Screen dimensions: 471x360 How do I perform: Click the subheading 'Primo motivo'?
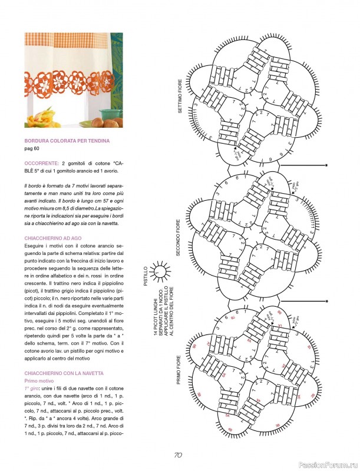(41, 382)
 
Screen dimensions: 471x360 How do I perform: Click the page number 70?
(179, 455)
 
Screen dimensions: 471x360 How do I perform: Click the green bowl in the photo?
(110, 114)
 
